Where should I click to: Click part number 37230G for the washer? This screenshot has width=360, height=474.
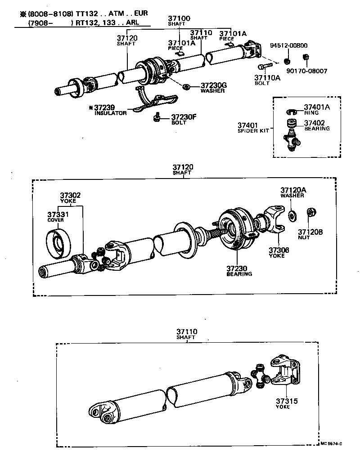[214, 85]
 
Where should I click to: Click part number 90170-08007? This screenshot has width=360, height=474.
[308, 71]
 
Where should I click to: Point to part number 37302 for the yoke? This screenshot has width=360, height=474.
[71, 196]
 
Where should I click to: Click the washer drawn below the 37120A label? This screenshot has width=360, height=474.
[292, 216]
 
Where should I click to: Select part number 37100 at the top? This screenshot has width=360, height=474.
[179, 18]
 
